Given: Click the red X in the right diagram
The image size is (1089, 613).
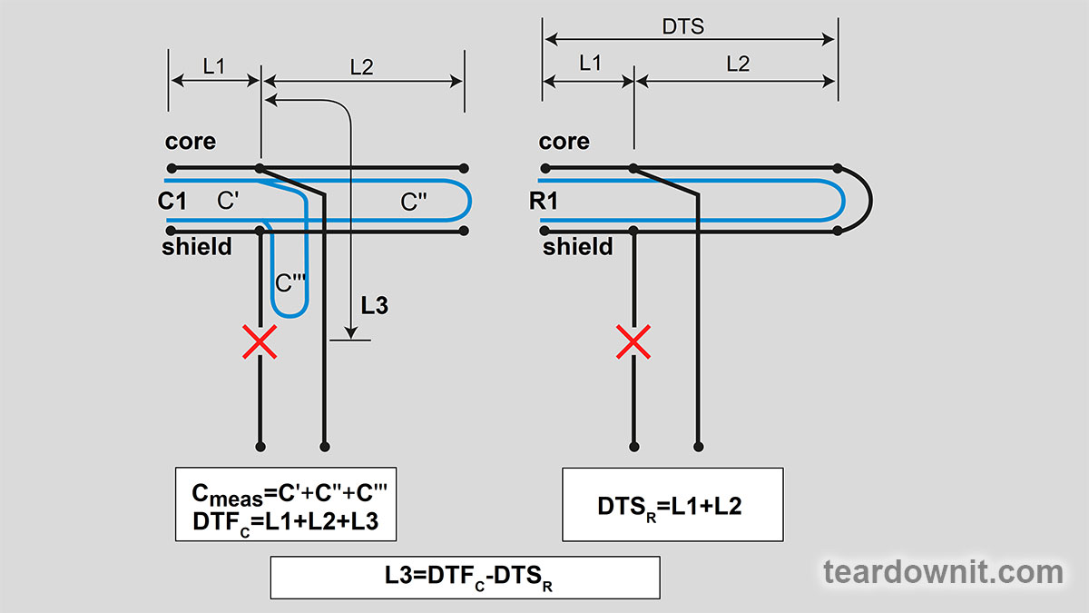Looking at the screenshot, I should [x=633, y=341].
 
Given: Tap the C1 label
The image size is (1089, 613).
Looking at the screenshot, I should [x=172, y=201].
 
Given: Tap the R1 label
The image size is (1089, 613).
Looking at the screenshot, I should [x=544, y=201].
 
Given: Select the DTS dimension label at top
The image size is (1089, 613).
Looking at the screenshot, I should [x=682, y=27].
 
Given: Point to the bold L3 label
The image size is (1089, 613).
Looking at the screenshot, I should [x=374, y=306].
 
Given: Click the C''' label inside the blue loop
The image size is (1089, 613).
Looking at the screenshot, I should [x=289, y=282].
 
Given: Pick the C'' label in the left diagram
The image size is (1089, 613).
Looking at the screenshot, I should [x=415, y=203].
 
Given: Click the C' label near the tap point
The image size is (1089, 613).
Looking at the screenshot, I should [x=228, y=201].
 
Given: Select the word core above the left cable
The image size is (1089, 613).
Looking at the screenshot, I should [x=191, y=142].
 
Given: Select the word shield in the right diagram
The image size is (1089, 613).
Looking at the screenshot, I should [x=578, y=247].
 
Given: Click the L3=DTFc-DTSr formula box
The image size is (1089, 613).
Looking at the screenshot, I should [x=465, y=578].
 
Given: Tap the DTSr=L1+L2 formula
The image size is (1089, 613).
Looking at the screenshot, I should [x=672, y=506].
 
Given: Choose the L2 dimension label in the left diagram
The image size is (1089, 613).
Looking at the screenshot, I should [x=361, y=66].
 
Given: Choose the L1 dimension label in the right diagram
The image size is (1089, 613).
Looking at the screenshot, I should [x=590, y=64].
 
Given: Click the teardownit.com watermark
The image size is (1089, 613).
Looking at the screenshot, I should [x=943, y=572].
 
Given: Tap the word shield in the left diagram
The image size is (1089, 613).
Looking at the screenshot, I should [x=197, y=247].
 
